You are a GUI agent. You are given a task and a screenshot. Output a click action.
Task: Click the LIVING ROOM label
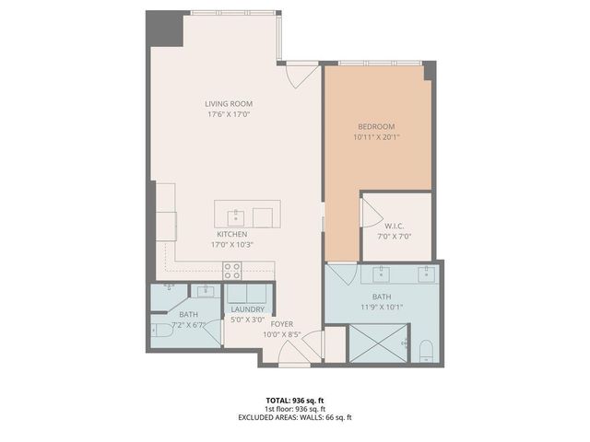tap(229, 104)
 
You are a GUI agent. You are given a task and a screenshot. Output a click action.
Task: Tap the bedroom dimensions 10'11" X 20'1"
tap(376, 137)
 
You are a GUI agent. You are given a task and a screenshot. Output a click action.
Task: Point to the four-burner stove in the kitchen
tap(232, 270)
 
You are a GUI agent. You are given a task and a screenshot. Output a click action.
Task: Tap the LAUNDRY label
tap(248, 309)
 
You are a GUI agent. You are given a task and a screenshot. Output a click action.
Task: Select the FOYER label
tap(282, 324)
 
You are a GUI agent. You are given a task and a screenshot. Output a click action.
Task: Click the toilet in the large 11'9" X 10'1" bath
tap(425, 350)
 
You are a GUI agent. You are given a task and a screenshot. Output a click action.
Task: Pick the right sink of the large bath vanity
tap(426, 273)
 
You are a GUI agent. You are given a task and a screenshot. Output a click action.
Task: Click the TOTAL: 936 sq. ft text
tap(294, 400)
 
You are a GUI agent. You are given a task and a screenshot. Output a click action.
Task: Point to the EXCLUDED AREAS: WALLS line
tap(294, 416)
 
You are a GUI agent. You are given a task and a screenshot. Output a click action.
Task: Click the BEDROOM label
tap(376, 126)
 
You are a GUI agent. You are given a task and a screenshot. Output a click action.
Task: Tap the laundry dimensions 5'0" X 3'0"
tap(248, 320)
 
